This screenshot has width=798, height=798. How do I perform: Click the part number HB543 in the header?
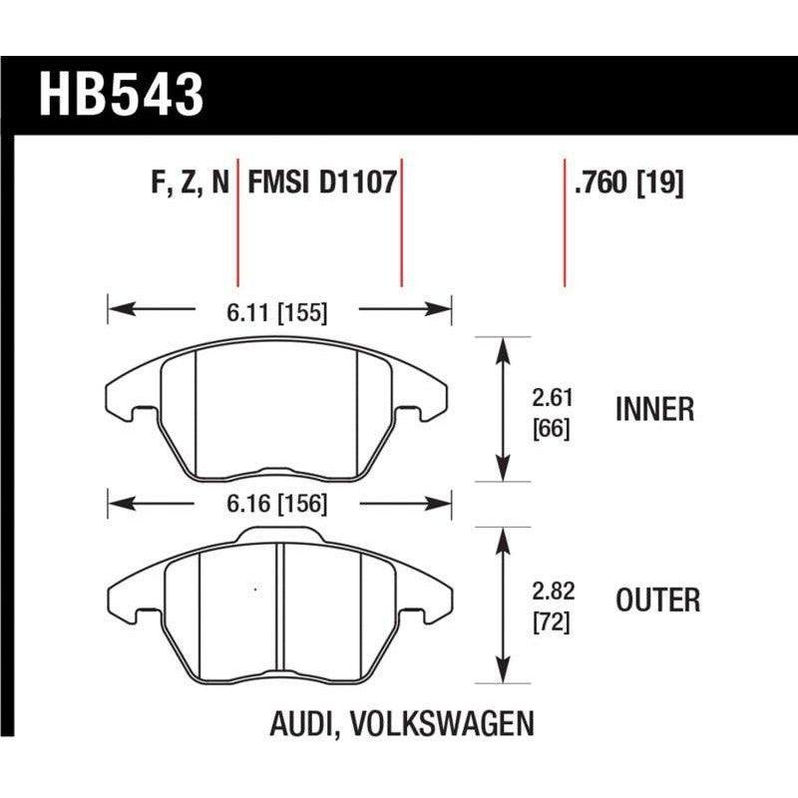point(121,95)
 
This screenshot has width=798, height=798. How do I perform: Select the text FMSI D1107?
point(322,184)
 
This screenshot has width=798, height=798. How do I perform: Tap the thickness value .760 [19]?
point(628,184)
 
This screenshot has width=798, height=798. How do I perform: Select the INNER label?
point(655,409)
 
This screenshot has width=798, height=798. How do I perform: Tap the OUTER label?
point(657,599)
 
